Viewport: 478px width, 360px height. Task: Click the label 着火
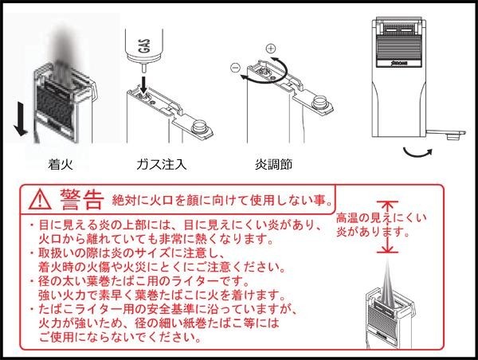pyautogui.click(x=61, y=164)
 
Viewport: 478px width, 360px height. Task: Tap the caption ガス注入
pyautogui.click(x=161, y=164)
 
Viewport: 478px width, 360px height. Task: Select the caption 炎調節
pyautogui.click(x=273, y=164)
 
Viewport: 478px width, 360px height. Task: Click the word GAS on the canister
pyautogui.click(x=146, y=45)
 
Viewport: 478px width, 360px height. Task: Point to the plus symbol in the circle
pyautogui.click(x=271, y=49)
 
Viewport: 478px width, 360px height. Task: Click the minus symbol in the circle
pyautogui.click(x=235, y=68)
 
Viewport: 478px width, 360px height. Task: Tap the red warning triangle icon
pyautogui.click(x=41, y=199)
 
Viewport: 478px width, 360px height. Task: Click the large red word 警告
pyautogui.click(x=82, y=199)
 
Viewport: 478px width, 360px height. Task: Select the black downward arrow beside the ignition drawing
pyautogui.click(x=21, y=119)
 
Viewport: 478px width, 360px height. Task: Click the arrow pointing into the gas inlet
pyautogui.click(x=143, y=85)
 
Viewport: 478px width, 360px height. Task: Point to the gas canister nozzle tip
pyautogui.click(x=144, y=68)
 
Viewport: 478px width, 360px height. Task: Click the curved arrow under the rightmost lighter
pyautogui.click(x=417, y=152)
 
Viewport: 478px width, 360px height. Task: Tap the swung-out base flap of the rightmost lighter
pyautogui.click(x=445, y=134)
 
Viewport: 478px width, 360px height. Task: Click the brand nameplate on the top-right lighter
pyautogui.click(x=399, y=63)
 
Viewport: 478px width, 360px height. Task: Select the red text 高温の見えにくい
pyautogui.click(x=381, y=217)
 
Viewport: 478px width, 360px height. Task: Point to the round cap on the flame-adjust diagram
pyautogui.click(x=319, y=102)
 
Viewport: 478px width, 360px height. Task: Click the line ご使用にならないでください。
pyautogui.click(x=120, y=337)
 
